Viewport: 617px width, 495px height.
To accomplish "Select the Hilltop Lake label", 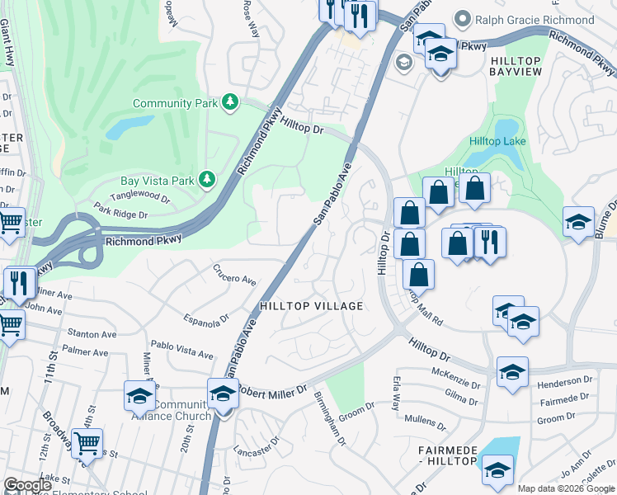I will click(x=497, y=141).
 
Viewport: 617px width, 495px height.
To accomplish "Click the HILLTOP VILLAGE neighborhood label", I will click(x=312, y=306).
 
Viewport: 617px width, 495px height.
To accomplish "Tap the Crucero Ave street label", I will click(x=234, y=274).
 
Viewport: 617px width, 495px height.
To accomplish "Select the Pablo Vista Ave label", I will click(x=182, y=349).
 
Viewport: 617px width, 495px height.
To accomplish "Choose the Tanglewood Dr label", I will click(x=140, y=199).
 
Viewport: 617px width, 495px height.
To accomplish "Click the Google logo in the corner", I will click(x=27, y=485).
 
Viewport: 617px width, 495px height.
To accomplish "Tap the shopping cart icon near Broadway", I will click(x=87, y=444).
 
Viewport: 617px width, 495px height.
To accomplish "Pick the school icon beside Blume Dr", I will click(x=578, y=221).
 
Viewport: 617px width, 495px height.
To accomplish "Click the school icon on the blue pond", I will click(x=497, y=471).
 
